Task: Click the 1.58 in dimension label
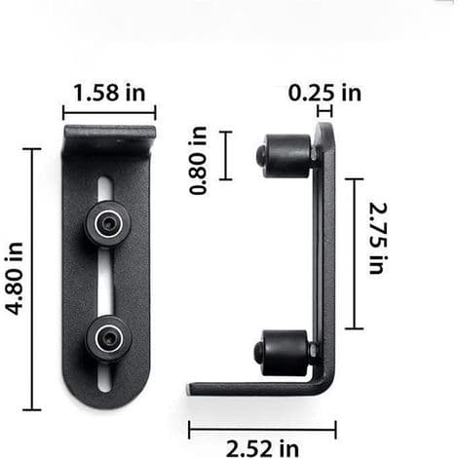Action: pos(109,93)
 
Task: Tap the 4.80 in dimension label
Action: pos(15,279)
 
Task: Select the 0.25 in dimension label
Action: pos(324,93)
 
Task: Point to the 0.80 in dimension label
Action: pos(198,161)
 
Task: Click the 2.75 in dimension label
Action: pos(378,238)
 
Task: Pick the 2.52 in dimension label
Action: pos(262,448)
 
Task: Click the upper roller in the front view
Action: pos(108,224)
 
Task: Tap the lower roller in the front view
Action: pos(108,339)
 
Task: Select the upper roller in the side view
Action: pos(285,156)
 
